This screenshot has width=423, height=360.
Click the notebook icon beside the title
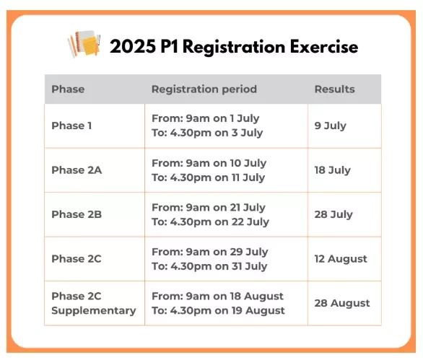click(x=84, y=44)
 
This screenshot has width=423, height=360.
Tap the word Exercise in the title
click(x=324, y=47)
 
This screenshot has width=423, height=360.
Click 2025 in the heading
click(x=133, y=46)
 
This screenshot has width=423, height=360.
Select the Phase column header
click(x=68, y=89)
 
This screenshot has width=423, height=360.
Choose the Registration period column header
click(x=204, y=89)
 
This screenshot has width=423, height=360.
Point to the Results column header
click(x=334, y=89)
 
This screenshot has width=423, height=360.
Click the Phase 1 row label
click(x=71, y=126)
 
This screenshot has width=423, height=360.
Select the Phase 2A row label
click(x=77, y=170)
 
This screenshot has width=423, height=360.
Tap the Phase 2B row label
click(x=77, y=214)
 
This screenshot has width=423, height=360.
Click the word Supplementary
click(x=94, y=311)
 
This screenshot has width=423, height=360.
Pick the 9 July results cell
click(x=330, y=126)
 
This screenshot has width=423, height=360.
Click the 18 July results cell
click(x=332, y=170)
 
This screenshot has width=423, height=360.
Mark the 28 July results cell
click(x=333, y=215)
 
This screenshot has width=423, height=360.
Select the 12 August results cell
click(x=341, y=259)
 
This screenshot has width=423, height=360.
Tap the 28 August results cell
click(x=342, y=304)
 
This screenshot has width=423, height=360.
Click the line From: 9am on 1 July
click(x=205, y=118)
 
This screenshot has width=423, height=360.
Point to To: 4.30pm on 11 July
click(x=209, y=178)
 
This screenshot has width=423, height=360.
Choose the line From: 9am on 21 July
click(x=209, y=208)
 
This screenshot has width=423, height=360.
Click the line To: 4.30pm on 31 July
click(x=209, y=267)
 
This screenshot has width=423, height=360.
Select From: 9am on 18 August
click(x=217, y=297)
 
